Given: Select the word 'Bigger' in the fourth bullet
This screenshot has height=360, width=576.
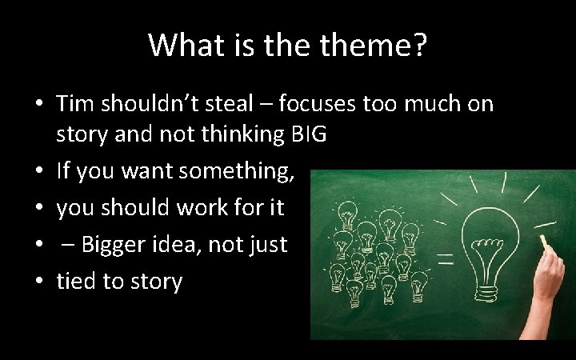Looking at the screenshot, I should point(117,244).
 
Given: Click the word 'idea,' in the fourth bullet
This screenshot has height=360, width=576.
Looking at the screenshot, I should point(184,244).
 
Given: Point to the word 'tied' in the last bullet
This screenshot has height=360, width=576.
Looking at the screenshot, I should point(77,281).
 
